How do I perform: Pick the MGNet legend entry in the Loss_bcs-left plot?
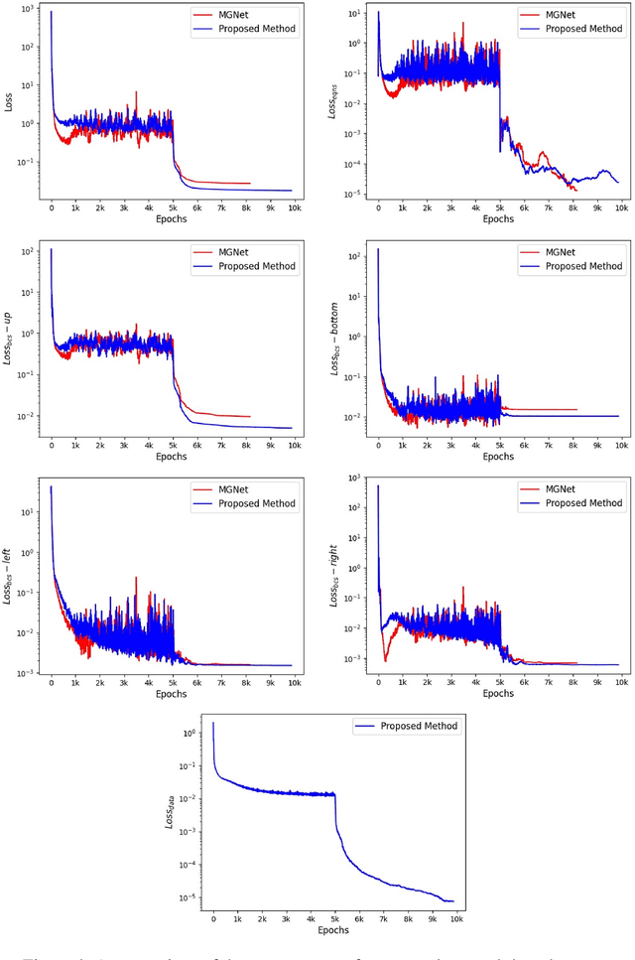click(x=244, y=489)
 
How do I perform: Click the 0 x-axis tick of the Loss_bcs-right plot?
click(x=378, y=682)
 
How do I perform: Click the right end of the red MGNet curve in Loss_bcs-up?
click(x=250, y=417)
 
